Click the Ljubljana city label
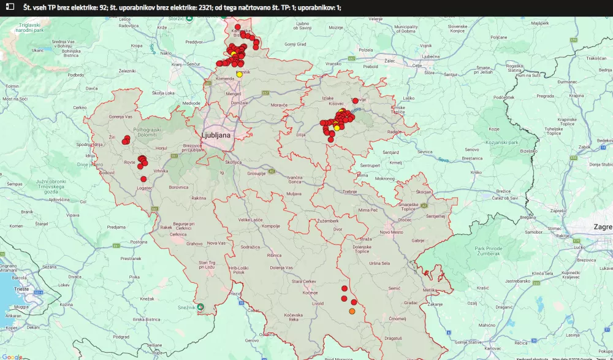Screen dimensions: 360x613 tap(216, 135)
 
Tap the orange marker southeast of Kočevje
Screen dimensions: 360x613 tap(352, 312)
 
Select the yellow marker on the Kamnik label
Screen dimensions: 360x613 tap(239, 74)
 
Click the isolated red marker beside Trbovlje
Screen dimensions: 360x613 tap(354, 101)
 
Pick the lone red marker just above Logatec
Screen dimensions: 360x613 tap(143, 179)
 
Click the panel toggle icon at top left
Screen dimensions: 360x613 tap(10, 7)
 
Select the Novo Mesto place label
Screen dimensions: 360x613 tap(392, 232)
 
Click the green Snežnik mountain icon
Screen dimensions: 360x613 tap(200, 307)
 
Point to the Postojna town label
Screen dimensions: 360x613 tap(139, 242)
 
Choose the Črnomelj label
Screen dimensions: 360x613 tap(398, 318)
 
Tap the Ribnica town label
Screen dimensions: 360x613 tap(274, 255)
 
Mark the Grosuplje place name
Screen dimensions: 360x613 tap(256, 174)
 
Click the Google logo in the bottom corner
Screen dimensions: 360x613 tap(12, 356)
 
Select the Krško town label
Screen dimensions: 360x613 tap(476, 172)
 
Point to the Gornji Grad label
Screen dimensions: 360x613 tap(295, 44)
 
